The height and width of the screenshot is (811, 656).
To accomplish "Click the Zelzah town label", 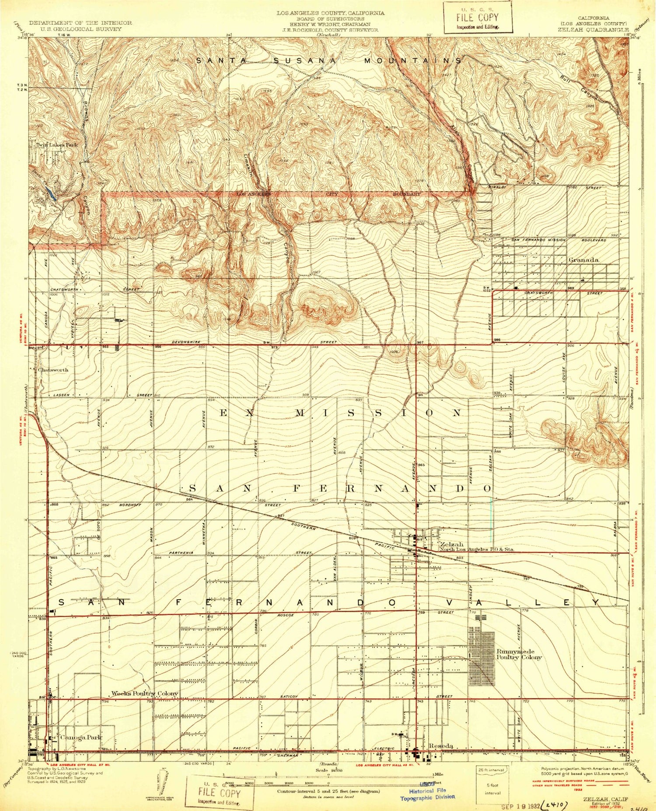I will click(452, 544).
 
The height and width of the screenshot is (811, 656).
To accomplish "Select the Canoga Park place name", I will click(81, 737).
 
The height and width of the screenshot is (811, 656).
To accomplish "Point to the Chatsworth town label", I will click(53, 370).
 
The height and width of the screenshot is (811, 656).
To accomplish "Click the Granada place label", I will click(583, 260).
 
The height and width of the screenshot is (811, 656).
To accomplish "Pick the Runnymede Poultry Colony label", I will click(519, 654).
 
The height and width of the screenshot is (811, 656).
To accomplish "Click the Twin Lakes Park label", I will click(57, 144).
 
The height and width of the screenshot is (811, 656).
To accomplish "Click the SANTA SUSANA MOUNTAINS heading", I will click(328, 61).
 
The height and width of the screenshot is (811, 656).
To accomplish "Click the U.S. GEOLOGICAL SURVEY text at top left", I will click(80, 29).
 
